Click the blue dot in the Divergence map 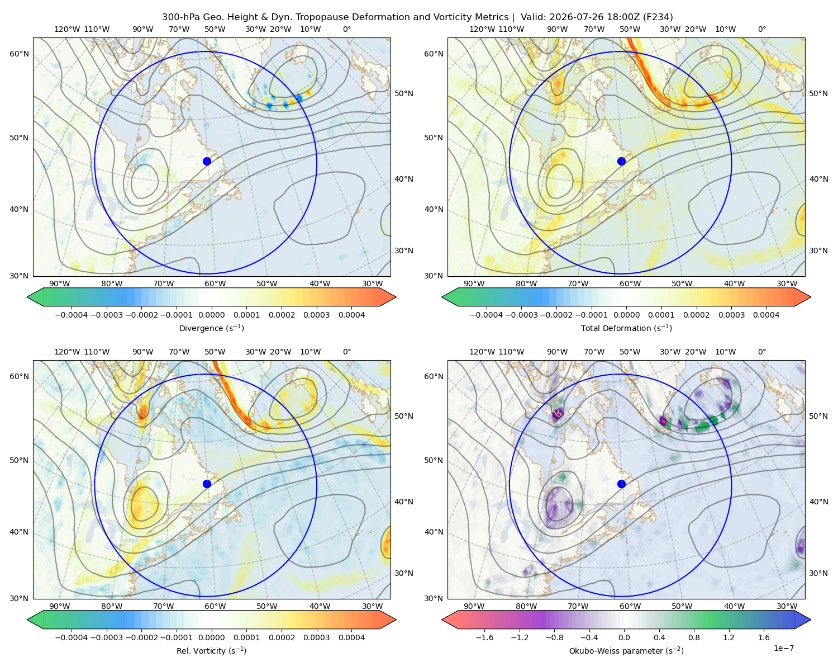pyautogui.click(x=207, y=161)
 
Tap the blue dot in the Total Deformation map pyautogui.click(x=621, y=161)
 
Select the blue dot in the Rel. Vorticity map pyautogui.click(x=207, y=484)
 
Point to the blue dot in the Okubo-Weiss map pyautogui.click(x=621, y=484)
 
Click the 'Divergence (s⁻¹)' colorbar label pyautogui.click(x=211, y=328)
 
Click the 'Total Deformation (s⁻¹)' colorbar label pyautogui.click(x=626, y=328)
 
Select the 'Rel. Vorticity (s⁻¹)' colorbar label pyautogui.click(x=211, y=650)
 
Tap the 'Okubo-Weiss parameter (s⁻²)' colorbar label pyautogui.click(x=626, y=650)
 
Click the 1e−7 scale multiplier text pyautogui.click(x=783, y=648)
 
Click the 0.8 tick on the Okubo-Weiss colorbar pyautogui.click(x=694, y=637)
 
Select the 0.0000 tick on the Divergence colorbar pyautogui.click(x=211, y=315)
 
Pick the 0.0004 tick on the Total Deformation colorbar pyautogui.click(x=766, y=315)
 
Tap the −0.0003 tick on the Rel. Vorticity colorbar pyautogui.click(x=106, y=637)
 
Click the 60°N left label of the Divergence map pyautogui.click(x=19, y=54)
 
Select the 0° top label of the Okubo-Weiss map pyautogui.click(x=761, y=352)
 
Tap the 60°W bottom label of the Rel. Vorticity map pyautogui.click(x=215, y=606)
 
